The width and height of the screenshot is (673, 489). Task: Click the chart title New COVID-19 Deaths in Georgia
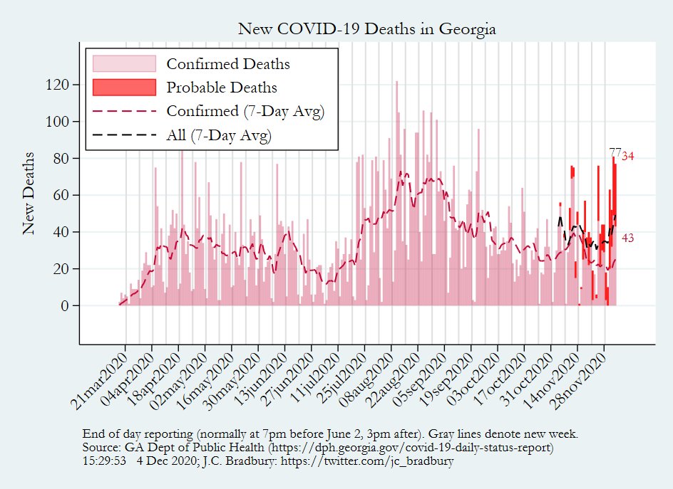point(366,29)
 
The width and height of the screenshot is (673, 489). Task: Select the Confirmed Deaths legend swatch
point(124,63)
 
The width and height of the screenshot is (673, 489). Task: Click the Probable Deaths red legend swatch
point(124,87)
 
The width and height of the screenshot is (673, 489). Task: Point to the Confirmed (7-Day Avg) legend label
point(245,111)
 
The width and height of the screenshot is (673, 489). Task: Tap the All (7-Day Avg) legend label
point(218,135)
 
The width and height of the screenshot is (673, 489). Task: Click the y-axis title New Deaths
point(29,192)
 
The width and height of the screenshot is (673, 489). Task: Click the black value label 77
point(615,152)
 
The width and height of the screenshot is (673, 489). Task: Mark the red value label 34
point(628,157)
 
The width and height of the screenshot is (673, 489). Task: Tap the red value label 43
point(628,238)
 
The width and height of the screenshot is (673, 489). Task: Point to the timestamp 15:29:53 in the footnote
point(106,461)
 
